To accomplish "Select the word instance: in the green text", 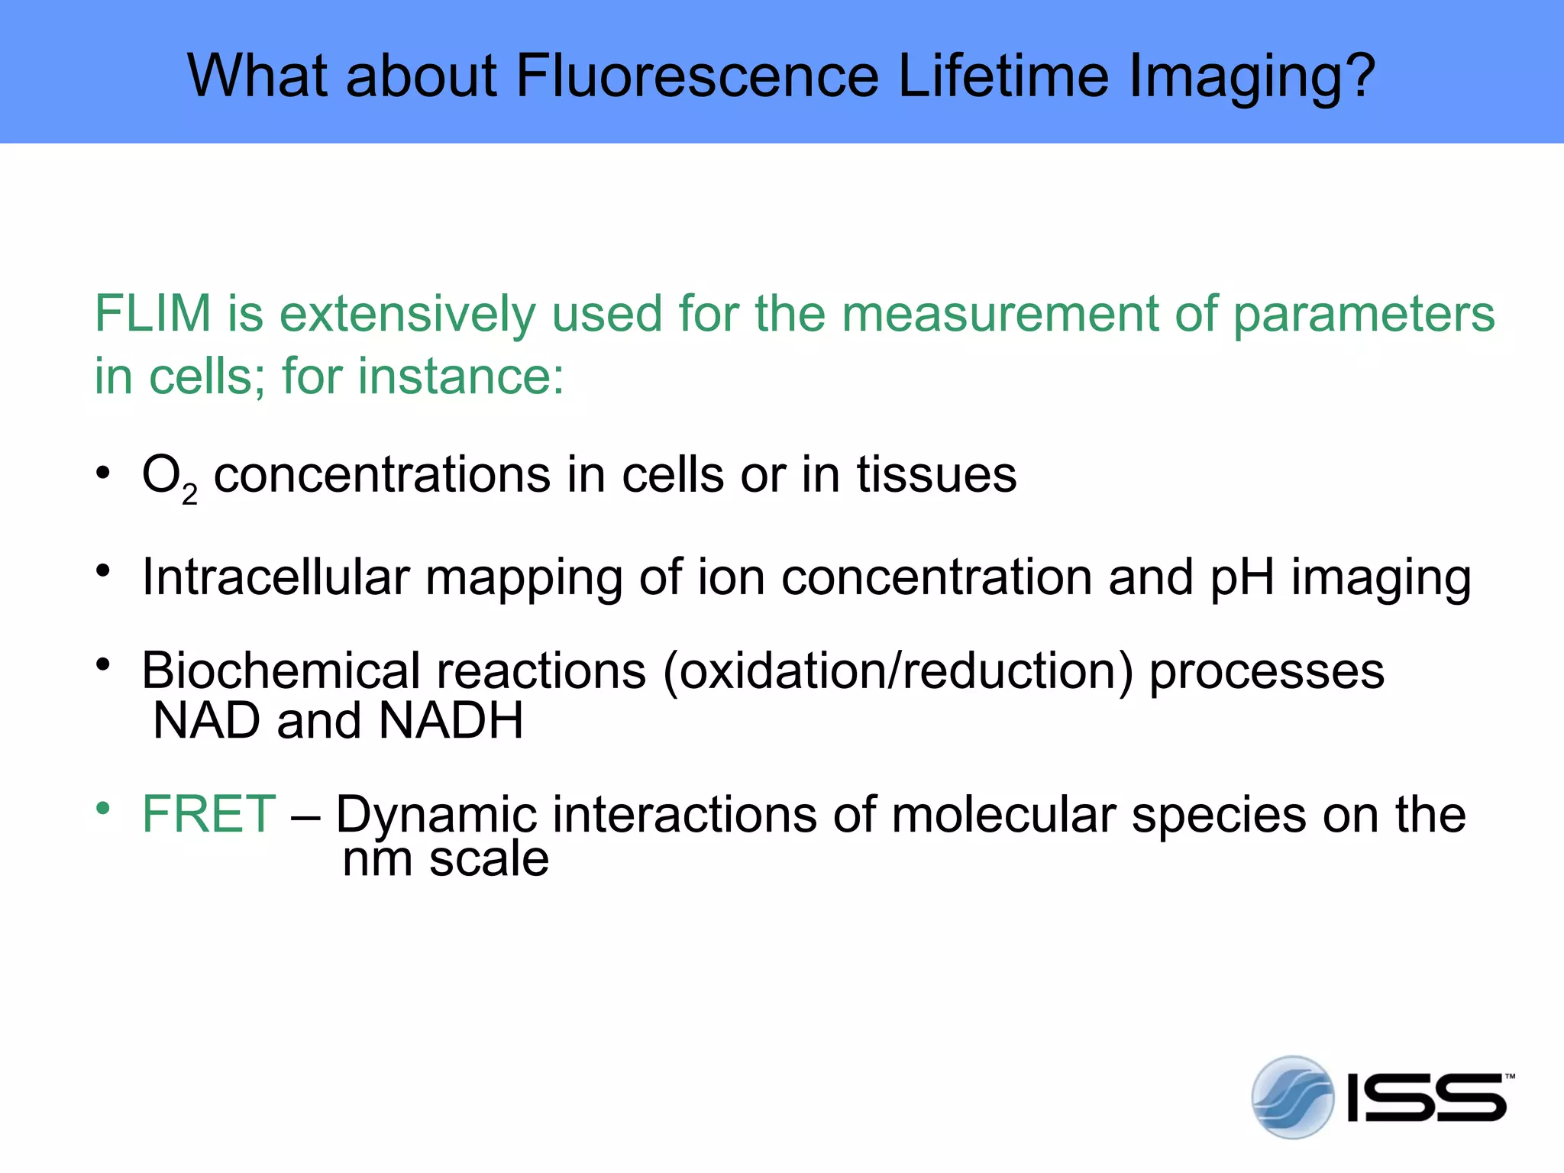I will point(461,376).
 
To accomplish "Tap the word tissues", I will point(936,475).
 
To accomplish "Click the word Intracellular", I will point(276,577).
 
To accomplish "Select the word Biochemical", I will point(280,671).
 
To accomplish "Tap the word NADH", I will point(451,720).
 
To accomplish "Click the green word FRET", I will point(208,814).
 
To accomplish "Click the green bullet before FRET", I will point(103,809).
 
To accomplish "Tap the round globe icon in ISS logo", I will point(1292,1097).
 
